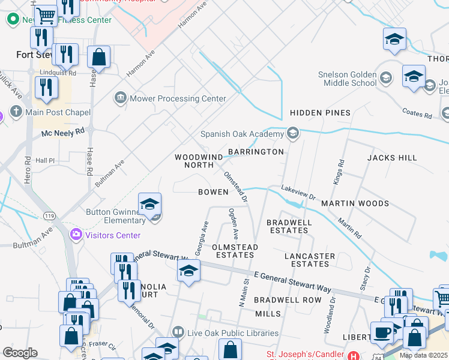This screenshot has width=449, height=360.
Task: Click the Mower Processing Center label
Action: tap(178, 98)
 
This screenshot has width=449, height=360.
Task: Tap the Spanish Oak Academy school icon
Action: tap(293, 133)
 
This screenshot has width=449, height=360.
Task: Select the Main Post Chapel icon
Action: tap(16, 112)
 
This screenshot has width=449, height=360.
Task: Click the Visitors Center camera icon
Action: tap(76, 234)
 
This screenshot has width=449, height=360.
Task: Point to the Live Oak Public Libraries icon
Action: tap(178, 332)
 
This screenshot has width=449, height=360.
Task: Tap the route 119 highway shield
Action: tap(49, 215)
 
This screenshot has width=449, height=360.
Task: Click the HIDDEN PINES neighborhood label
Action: tap(320, 113)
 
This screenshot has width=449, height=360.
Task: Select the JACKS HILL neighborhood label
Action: tap(392, 158)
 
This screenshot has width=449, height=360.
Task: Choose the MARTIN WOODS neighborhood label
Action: tap(355, 203)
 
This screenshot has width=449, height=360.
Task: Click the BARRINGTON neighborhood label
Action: tap(256, 152)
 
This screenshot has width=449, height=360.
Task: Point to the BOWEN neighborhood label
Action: tap(213, 192)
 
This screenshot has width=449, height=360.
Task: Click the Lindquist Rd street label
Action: tap(58, 73)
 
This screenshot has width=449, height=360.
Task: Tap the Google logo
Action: tap(20, 353)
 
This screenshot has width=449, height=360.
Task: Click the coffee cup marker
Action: tap(382, 332)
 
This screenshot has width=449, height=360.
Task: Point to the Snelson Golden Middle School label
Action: tap(348, 79)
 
